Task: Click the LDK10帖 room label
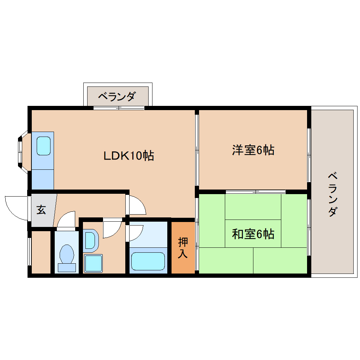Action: coord(128,156)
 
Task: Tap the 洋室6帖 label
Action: coord(253,150)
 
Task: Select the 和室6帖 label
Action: coord(253,234)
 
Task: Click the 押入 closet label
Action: coord(183,248)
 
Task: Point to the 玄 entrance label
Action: coord(41,210)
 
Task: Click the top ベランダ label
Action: coord(116,96)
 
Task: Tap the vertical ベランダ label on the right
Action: coord(332,194)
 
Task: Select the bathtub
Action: coord(148,261)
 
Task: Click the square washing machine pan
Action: coord(93,263)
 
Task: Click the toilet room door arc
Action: coord(66,220)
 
